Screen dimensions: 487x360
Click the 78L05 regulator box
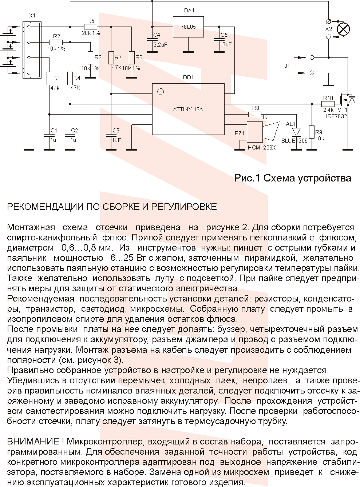[x=188, y=27]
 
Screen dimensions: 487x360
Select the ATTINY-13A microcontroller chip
[x=188, y=109]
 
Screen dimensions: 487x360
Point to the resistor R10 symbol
[x=328, y=103]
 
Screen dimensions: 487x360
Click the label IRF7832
[x=336, y=116]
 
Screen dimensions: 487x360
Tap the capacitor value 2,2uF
[x=160, y=44]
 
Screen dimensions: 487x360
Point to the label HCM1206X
[x=262, y=148]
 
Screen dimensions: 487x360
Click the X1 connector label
[x=32, y=16]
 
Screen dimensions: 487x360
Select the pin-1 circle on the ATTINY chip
[x=160, y=92]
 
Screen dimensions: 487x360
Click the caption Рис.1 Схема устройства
[x=293, y=178]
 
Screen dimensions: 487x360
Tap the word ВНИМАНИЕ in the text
[x=33, y=442]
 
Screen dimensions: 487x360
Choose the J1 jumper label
[x=287, y=66]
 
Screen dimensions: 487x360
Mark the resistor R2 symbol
[x=56, y=42]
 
